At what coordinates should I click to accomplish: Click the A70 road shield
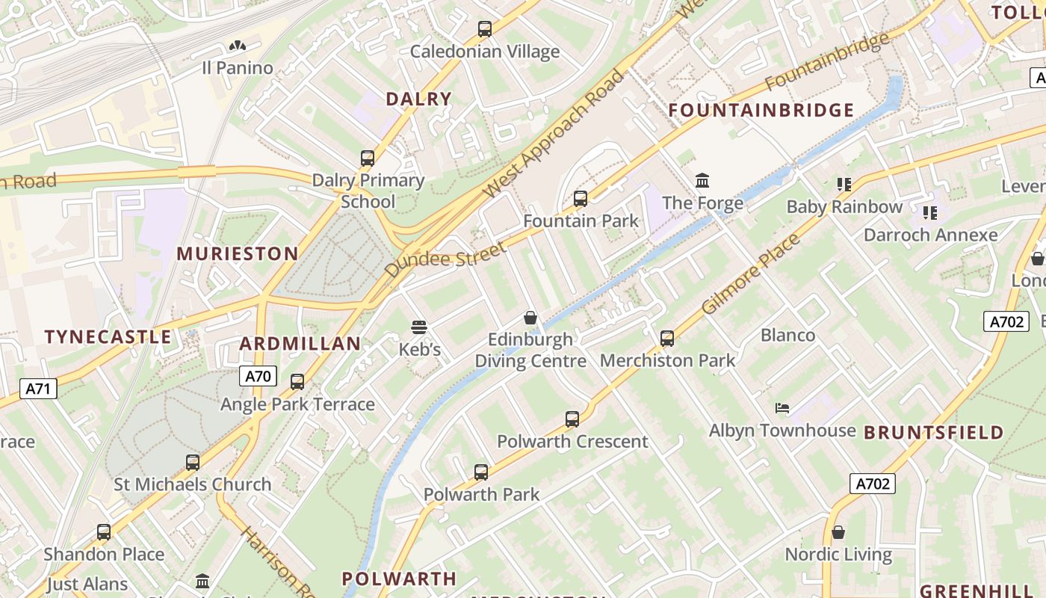[258, 376]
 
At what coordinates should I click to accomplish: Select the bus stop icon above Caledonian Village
[485, 29]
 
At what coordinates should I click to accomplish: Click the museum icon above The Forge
[702, 180]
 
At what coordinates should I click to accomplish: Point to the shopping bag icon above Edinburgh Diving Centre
[530, 318]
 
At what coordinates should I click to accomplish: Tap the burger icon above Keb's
[418, 327]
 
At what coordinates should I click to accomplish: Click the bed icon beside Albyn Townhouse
[782, 408]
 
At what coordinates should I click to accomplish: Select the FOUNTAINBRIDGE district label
[761, 111]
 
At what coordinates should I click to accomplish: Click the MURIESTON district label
[238, 254]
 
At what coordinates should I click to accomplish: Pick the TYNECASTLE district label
[108, 337]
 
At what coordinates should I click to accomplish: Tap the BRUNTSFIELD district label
[934, 433]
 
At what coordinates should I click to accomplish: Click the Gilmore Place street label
[751, 274]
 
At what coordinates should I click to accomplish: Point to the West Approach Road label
[554, 135]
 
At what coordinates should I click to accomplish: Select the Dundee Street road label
[446, 259]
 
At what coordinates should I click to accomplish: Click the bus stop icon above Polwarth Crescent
[572, 419]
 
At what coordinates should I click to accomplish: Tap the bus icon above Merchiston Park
[667, 339]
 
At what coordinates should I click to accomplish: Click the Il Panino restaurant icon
[238, 46]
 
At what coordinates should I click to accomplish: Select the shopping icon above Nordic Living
[838, 532]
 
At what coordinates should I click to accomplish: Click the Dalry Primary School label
[368, 191]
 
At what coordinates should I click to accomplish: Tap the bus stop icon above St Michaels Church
[193, 463]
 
